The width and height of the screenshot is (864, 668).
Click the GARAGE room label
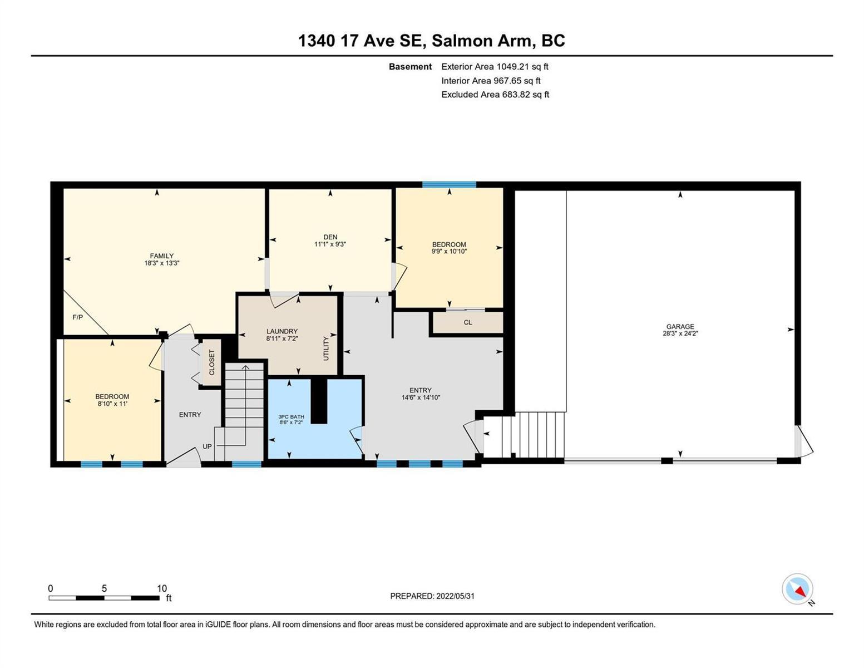coord(680,327)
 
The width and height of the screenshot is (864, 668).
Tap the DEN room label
coord(330,237)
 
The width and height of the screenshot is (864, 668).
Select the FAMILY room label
coord(161,256)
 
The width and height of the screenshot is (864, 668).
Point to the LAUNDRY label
coord(282,331)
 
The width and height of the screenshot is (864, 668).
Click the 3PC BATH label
coord(291,416)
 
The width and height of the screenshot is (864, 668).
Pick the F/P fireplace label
coord(77,317)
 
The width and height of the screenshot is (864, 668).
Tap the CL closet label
coord(467,322)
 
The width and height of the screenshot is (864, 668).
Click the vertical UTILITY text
coord(326,348)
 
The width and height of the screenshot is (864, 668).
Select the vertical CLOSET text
coord(211,362)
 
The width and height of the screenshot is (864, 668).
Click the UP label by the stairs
coord(207,446)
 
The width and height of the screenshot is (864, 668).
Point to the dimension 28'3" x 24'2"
coord(680,334)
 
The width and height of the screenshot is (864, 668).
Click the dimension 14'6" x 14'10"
coord(421,397)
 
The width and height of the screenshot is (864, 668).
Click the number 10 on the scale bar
coord(162,588)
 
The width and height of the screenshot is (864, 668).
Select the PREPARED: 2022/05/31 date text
coord(432,596)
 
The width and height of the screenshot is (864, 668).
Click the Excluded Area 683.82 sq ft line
coord(495,94)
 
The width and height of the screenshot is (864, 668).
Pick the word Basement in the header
coord(410,66)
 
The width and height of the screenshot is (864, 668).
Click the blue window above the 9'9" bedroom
coord(449,184)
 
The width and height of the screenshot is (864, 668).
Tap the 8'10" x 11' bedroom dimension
coord(112,404)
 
